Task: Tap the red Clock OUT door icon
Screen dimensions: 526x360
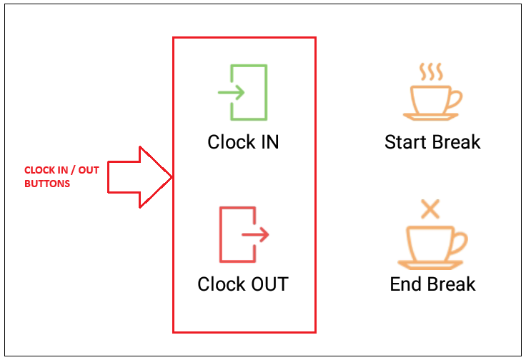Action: click(x=221, y=234)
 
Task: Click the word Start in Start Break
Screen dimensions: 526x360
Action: click(x=405, y=142)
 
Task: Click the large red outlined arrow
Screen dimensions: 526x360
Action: click(x=140, y=177)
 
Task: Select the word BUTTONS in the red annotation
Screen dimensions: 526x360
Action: click(x=47, y=184)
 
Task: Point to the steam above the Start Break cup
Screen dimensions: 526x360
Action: click(x=431, y=71)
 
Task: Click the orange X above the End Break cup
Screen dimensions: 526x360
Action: click(x=430, y=209)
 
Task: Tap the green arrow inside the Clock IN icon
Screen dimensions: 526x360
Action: click(x=231, y=92)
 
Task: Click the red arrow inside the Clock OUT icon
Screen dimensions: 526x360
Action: click(x=255, y=234)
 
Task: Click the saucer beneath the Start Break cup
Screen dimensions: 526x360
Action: click(x=431, y=116)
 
